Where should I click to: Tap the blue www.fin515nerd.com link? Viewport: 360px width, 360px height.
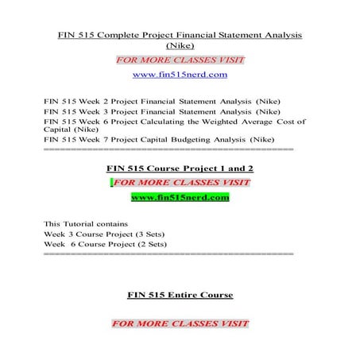pos(180,75)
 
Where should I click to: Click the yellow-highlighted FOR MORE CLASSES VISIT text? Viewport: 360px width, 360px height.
pos(180,182)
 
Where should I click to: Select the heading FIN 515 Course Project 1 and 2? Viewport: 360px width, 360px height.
pos(180,168)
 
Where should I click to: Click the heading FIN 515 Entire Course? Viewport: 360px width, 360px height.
pos(180,295)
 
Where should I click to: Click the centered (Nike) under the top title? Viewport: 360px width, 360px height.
pos(180,47)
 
